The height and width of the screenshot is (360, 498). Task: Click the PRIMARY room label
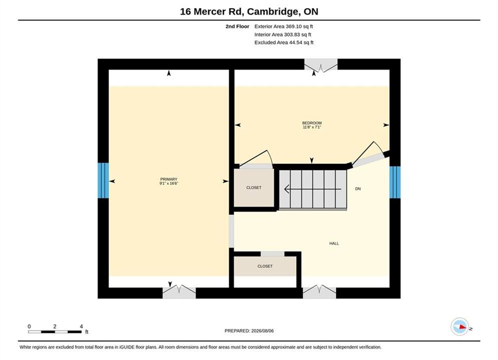[169, 179]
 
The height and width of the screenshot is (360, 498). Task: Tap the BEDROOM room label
[312, 123]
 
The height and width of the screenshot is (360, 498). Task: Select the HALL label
[334, 243]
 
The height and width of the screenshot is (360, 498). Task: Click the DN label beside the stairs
[358, 188]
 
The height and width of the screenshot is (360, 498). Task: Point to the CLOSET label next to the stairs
[254, 188]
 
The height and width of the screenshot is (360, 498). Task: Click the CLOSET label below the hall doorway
[265, 266]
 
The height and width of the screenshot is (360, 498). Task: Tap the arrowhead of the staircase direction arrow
[286, 189]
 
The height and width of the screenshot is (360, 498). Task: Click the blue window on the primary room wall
[103, 180]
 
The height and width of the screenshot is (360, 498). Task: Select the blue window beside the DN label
[395, 182]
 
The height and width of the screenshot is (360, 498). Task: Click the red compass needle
[462, 326]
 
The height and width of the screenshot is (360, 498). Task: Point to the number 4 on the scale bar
[81, 326]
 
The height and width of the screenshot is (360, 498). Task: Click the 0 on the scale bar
[29, 326]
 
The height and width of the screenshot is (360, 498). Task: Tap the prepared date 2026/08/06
[262, 331]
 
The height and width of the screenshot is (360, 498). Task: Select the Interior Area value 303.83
[292, 34]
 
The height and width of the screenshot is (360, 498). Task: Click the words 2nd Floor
[237, 26]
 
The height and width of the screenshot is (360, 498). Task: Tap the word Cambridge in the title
[273, 11]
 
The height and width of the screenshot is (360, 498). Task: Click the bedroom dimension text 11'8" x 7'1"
[312, 127]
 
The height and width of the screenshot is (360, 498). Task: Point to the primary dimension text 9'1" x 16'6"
[169, 183]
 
